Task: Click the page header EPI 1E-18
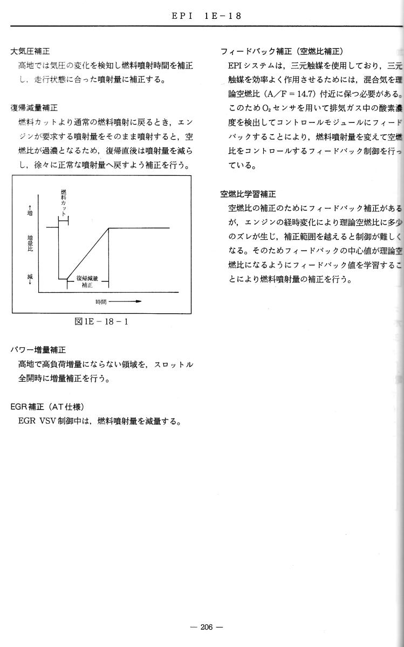tap(207, 16)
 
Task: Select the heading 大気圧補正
tap(30, 51)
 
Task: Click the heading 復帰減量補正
tap(34, 107)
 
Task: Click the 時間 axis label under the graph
tap(101, 301)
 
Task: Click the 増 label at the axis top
tap(30, 211)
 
